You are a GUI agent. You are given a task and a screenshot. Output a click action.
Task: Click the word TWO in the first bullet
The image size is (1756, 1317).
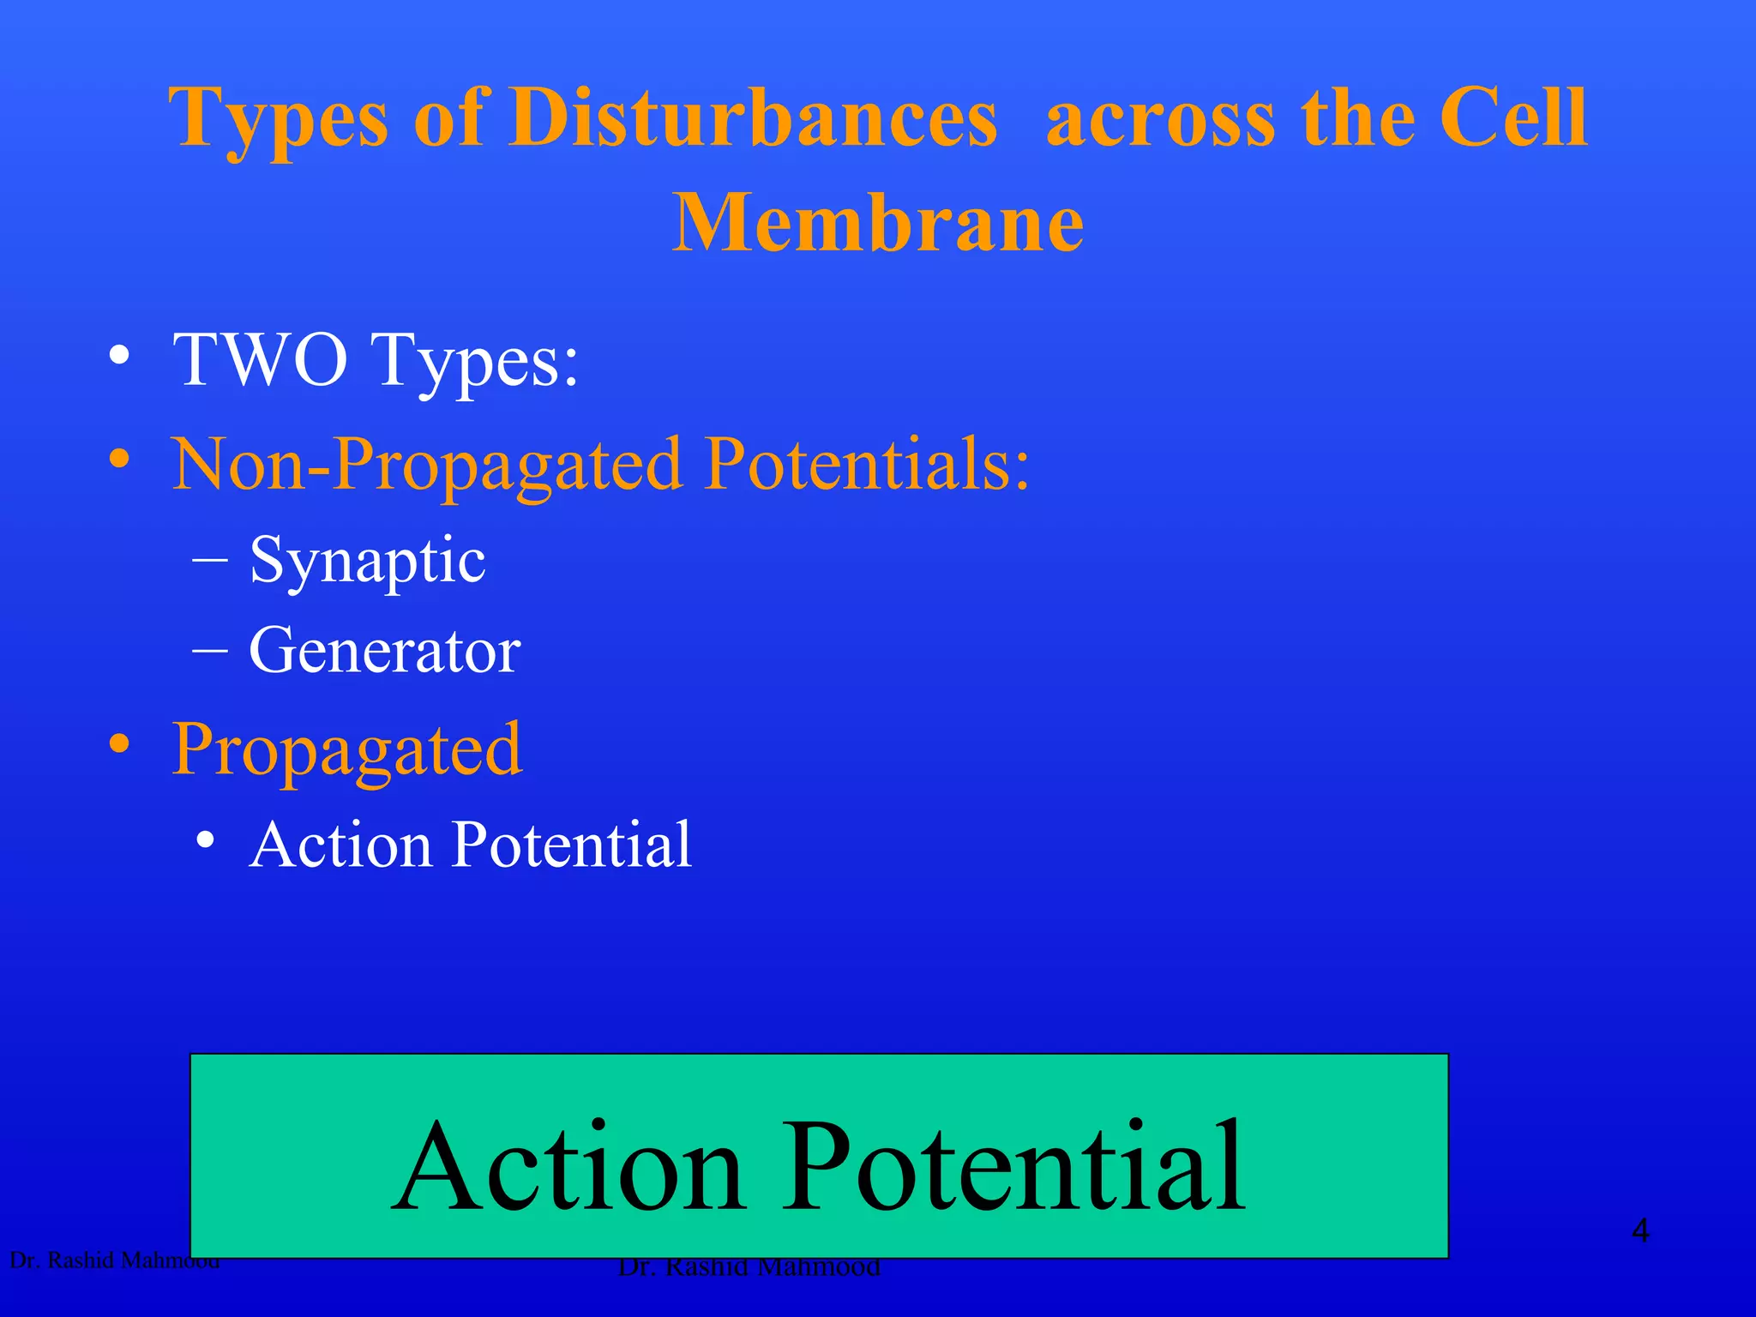pyautogui.click(x=260, y=360)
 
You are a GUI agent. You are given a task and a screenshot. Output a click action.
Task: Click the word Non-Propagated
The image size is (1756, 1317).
pyautogui.click(x=427, y=466)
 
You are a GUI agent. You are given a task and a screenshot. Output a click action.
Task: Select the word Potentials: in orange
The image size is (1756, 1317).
pyautogui.click(x=867, y=464)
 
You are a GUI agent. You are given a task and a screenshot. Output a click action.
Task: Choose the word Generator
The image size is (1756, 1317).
pyautogui.click(x=384, y=651)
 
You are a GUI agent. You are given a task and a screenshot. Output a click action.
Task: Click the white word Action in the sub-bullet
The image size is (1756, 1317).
pyautogui.click(x=340, y=845)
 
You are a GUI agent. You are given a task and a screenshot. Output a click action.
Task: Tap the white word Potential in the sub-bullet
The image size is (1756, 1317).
pyautogui.click(x=572, y=845)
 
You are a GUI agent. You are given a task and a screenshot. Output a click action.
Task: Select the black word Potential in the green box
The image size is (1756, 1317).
pyautogui.click(x=1013, y=1167)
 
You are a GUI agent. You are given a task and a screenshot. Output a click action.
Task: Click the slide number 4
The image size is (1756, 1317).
pyautogui.click(x=1639, y=1231)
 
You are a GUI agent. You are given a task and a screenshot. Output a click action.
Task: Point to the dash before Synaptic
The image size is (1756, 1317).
pyautogui.click(x=211, y=562)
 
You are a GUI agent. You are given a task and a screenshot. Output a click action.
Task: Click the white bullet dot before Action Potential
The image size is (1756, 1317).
pyautogui.click(x=205, y=840)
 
